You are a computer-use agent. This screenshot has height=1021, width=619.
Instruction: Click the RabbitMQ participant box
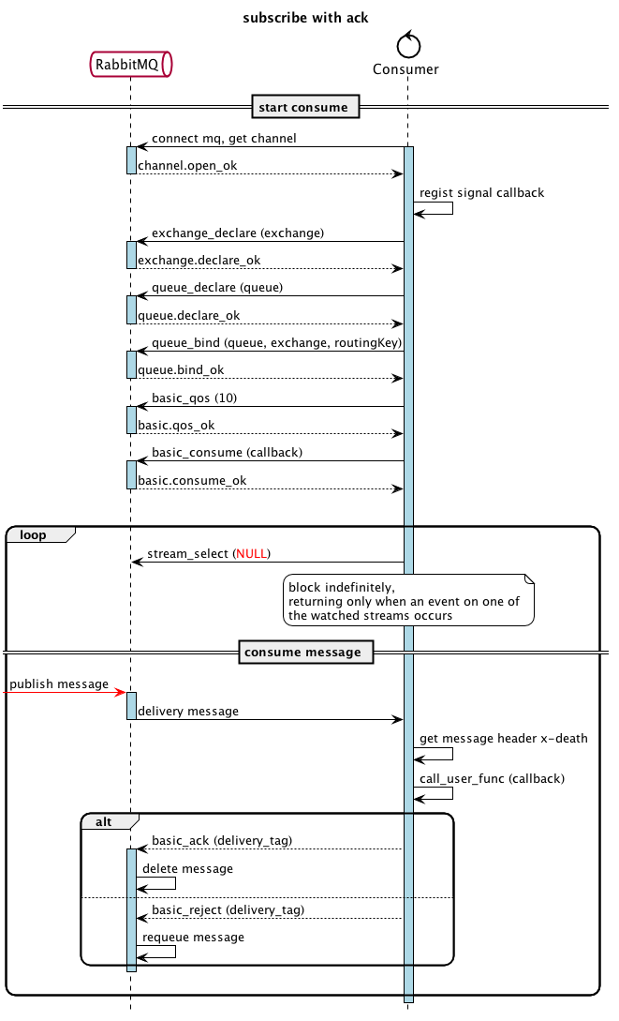coord(131,65)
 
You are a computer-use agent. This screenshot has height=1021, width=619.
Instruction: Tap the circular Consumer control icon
coord(408,45)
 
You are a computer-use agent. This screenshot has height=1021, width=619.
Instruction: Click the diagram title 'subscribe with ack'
coord(305,18)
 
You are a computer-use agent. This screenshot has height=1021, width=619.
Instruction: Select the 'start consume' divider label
coord(305,108)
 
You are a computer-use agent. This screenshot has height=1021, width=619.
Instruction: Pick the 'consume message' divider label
coord(306,653)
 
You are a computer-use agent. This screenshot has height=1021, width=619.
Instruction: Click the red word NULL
coord(252,554)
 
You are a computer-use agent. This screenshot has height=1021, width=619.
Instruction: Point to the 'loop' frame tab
coord(40,534)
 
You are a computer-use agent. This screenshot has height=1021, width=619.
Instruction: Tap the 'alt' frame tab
coord(110,821)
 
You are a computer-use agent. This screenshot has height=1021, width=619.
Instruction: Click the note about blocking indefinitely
coord(408,600)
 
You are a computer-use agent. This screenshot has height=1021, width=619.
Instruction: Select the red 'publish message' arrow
coord(65,692)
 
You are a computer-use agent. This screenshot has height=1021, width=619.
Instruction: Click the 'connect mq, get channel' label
coord(224,139)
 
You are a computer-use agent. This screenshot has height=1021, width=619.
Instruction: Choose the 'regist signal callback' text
coord(481,193)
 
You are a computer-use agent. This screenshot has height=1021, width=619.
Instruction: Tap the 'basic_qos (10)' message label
coord(195,398)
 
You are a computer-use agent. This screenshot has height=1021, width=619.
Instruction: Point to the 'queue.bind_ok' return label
coord(181,370)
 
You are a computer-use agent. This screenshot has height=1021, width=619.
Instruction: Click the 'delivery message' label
coord(188,712)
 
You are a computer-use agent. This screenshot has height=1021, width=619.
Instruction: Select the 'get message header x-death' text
coord(503,739)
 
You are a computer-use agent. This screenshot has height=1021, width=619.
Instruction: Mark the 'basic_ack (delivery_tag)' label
coord(222,841)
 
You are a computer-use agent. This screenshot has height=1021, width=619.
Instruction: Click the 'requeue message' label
coord(194,937)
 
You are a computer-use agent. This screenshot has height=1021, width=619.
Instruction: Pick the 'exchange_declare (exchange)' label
coord(238,233)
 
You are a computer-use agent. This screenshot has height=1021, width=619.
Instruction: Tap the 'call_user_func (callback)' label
coord(493,779)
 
